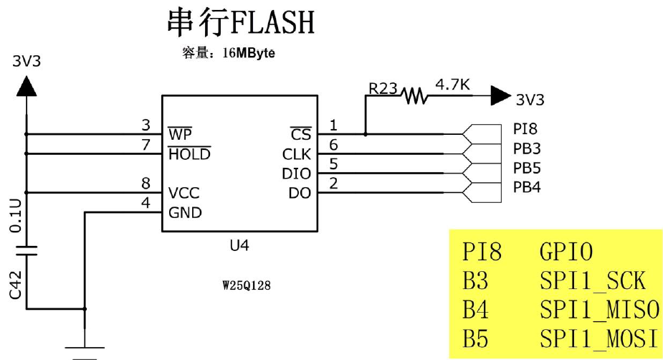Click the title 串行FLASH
[x=240, y=24]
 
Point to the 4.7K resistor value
[x=452, y=85]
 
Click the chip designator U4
[x=240, y=245]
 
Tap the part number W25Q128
[x=247, y=285]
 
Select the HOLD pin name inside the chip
[x=189, y=154]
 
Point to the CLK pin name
[x=296, y=154]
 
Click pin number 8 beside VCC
[x=146, y=184]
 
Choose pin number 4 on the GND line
[x=146, y=203]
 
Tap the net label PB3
[x=527, y=149]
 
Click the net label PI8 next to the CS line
[x=525, y=130]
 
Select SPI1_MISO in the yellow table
[x=598, y=310]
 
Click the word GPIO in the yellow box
[x=566, y=252]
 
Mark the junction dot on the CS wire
[x=366, y=134]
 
